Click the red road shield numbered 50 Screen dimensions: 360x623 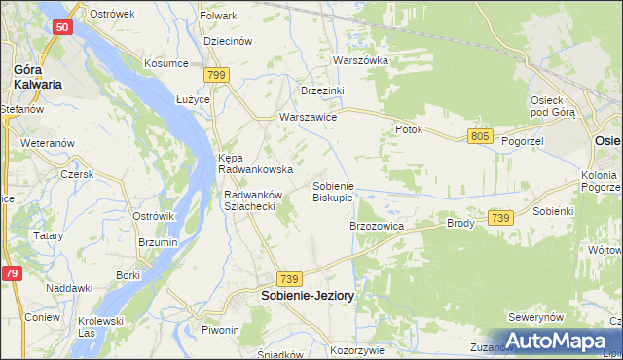tap(61, 29)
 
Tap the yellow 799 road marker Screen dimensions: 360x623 tap(216, 74)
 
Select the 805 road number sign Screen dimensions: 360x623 tap(479, 136)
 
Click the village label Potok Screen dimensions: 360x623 tap(408, 129)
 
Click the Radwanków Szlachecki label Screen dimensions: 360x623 tap(252, 200)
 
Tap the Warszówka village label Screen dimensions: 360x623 tap(360, 60)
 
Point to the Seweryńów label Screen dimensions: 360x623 tap(536, 318)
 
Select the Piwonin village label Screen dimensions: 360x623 tap(220, 330)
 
